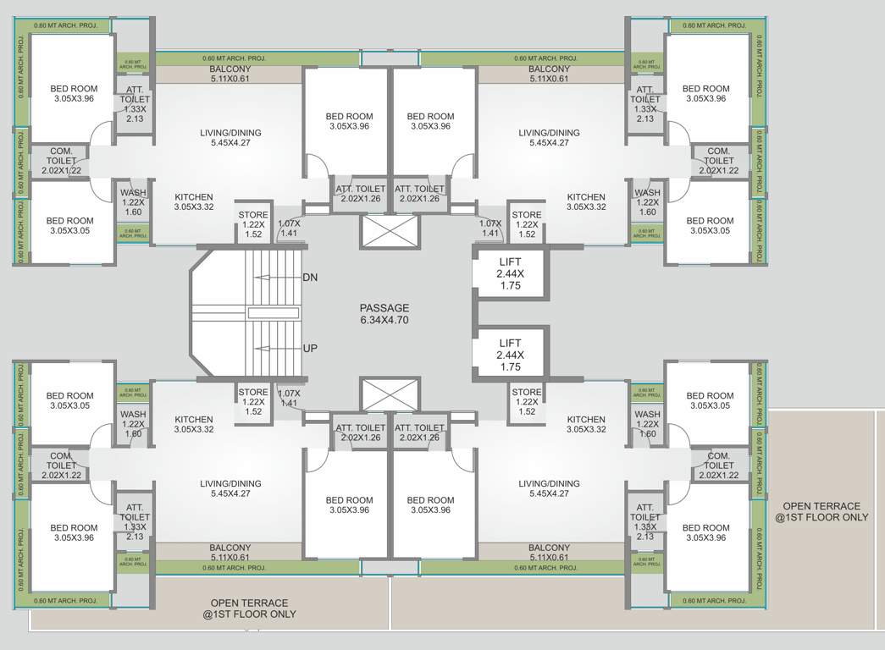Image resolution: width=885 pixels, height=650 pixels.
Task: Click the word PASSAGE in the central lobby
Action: point(384,308)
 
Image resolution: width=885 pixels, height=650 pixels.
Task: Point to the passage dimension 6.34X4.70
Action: point(384,321)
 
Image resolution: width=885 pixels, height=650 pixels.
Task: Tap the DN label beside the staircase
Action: point(311,277)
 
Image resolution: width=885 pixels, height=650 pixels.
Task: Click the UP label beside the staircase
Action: point(311,348)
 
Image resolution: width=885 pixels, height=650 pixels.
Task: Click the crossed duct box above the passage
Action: point(390,231)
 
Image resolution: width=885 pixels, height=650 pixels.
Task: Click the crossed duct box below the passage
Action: point(390,394)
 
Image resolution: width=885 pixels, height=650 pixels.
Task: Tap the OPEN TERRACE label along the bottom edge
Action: point(249,603)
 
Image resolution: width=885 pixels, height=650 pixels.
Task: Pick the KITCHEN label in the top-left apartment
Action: point(194,196)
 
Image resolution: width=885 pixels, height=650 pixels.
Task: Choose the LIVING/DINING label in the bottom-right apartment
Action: point(549,483)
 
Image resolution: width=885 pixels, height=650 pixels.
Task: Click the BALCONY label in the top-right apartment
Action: point(549,69)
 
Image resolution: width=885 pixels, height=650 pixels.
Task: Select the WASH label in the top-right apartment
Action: point(647,193)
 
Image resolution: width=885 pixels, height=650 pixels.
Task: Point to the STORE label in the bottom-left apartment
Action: point(252,392)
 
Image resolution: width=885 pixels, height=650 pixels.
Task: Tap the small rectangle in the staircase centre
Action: point(273,312)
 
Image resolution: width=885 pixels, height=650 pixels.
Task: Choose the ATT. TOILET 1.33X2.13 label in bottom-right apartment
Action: point(644,517)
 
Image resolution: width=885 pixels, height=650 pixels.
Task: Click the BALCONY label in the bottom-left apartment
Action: point(230,548)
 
